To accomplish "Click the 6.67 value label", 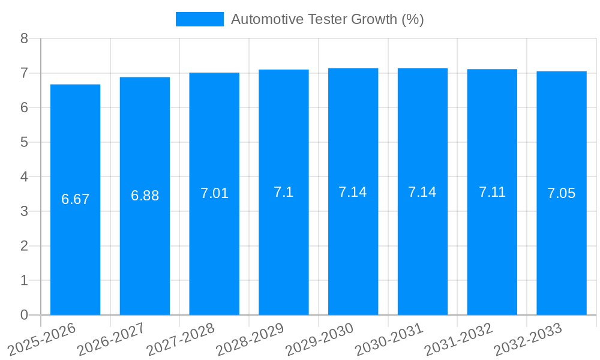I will (x=75, y=199).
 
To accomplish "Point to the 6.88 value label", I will (x=145, y=196).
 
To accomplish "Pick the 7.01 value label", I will (x=214, y=193).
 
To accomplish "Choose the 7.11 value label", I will (x=492, y=192).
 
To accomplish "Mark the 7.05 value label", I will (x=562, y=193).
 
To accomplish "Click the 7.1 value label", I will (x=284, y=192).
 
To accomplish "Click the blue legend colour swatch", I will (x=199, y=19).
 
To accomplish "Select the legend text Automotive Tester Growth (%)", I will (x=328, y=19).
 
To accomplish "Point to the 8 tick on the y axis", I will (x=24, y=38).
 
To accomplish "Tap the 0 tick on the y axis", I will (x=24, y=315).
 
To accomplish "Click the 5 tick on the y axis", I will (x=24, y=142).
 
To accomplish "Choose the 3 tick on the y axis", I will (x=24, y=211).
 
